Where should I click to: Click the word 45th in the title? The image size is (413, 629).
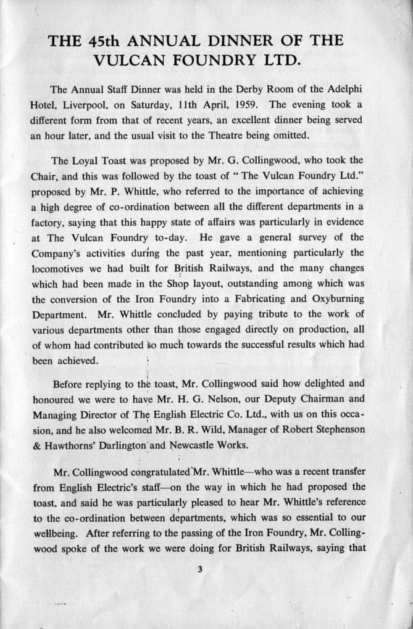[105, 41]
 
